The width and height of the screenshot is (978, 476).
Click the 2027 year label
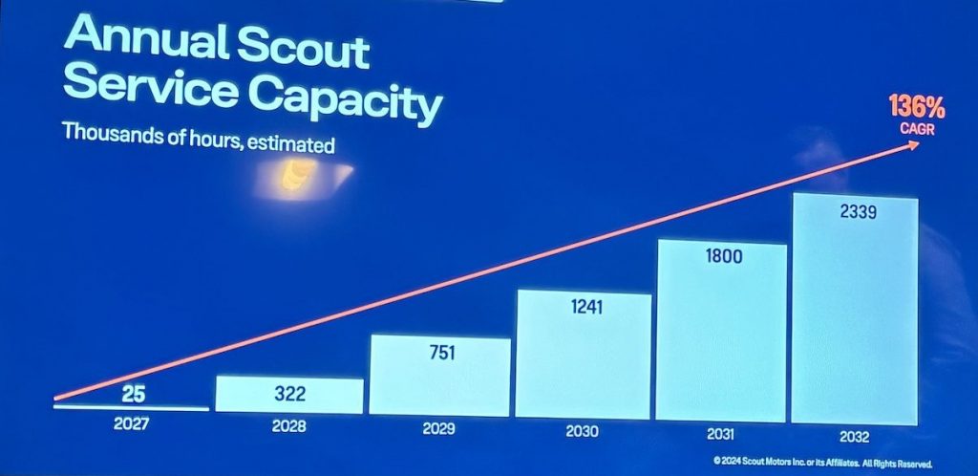tap(130, 423)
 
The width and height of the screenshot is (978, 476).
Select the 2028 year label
tap(288, 426)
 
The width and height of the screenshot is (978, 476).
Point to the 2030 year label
tap(582, 432)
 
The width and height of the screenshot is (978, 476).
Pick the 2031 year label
tap(720, 434)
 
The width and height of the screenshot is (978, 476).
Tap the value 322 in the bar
tap(289, 394)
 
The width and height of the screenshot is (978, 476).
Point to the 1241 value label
tap(584, 309)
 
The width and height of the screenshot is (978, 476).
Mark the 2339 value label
tap(855, 212)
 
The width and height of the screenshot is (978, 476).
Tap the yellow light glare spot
tap(291, 175)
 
